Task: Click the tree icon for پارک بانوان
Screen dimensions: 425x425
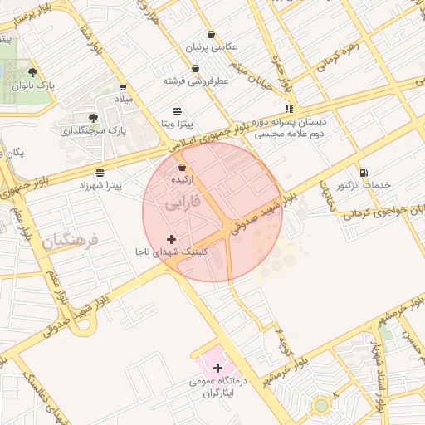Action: pos(32,72)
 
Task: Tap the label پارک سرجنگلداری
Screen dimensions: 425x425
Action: pos(93,130)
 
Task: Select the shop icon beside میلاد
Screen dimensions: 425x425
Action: pos(123,86)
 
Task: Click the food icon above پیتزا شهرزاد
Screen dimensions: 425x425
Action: pos(100,173)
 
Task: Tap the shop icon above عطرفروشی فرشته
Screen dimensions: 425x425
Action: pos(195,69)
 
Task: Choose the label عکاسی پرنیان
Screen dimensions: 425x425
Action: pos(213,47)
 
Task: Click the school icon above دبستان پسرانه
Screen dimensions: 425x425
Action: pos(288,109)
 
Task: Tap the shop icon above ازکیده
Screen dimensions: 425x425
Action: pos(182,168)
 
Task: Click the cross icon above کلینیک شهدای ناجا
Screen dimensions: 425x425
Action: pos(171,239)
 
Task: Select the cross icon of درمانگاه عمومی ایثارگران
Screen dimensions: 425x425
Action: pos(217,367)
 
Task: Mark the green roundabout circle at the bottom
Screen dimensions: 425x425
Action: pos(321,405)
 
